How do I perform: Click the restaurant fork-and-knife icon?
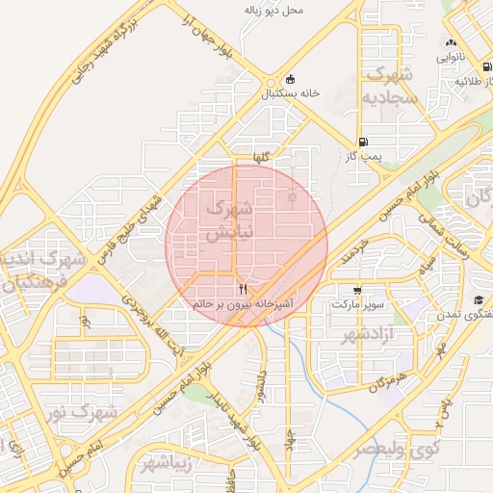243,289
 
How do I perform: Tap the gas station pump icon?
362,141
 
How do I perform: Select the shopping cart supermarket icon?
358,290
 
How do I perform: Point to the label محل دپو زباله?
273,11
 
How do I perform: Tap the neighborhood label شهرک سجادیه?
391,87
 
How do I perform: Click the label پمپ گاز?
363,155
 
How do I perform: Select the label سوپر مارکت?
358,304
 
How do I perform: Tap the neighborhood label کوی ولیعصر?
395,449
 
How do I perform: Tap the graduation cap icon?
479,300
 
